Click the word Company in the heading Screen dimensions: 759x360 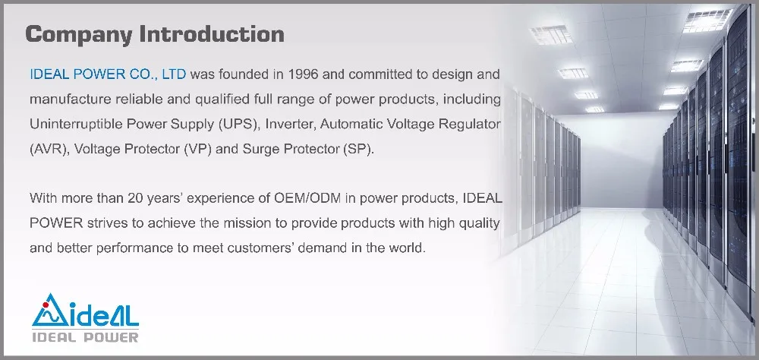pos(79,35)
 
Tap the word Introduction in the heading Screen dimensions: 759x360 pos(212,34)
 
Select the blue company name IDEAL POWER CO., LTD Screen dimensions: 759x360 pos(108,74)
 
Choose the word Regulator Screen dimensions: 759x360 pos(470,125)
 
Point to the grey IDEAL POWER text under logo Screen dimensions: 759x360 pos(85,336)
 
